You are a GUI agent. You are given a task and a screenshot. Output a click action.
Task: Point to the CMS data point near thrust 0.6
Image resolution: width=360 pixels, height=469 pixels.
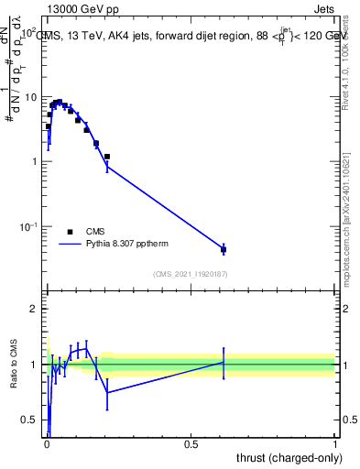(x=224, y=249)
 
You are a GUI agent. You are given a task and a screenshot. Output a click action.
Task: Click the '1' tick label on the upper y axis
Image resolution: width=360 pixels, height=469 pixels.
(x=35, y=162)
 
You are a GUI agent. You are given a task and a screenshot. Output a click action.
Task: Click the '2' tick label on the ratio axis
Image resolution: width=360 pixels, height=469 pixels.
(x=35, y=309)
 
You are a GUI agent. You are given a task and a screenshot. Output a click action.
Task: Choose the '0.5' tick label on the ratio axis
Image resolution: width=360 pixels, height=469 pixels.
(x=30, y=420)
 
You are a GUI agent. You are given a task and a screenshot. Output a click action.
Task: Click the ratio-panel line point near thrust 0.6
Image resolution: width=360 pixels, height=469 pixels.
(x=224, y=362)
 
